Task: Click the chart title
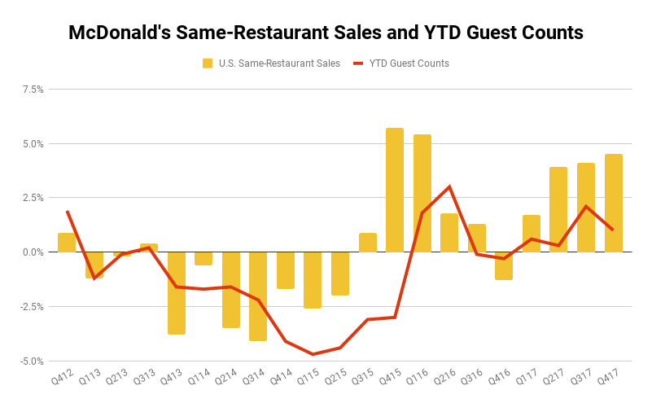coord(326,33)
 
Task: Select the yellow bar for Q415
coord(395,190)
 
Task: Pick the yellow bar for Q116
coord(422,193)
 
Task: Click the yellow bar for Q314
coord(258,296)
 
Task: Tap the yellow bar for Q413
coord(177,293)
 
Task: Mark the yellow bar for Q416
coord(504,265)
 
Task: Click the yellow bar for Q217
coord(558,209)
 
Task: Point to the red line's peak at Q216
coord(449,186)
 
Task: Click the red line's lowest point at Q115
coord(313,354)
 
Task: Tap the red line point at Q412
coord(67,212)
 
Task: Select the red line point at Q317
coord(586,206)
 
